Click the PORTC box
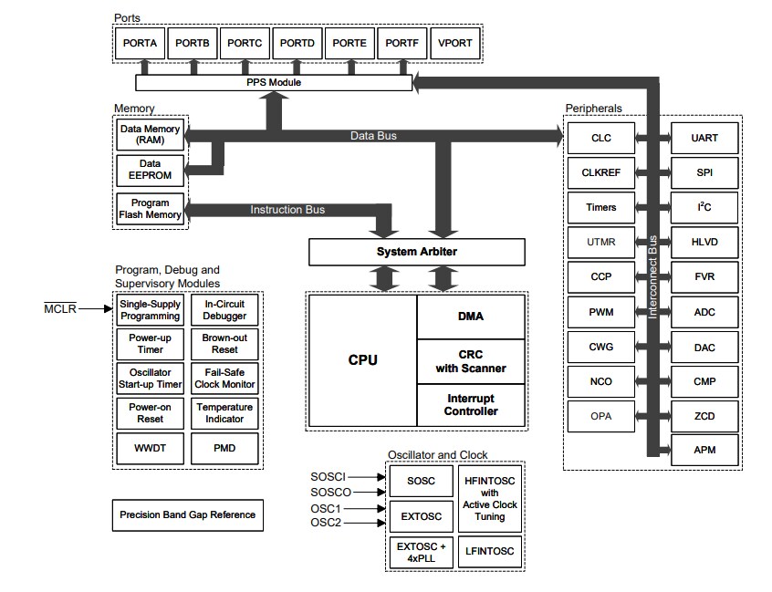click(245, 43)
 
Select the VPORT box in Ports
click(455, 43)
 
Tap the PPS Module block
click(273, 83)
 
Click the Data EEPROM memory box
click(150, 170)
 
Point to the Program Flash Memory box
click(150, 209)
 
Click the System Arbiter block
click(417, 252)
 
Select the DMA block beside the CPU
click(471, 317)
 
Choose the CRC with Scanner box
click(471, 361)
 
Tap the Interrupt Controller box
click(471, 405)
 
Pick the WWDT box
click(150, 448)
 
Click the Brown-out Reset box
click(224, 344)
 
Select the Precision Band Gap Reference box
click(187, 514)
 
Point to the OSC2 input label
click(326, 523)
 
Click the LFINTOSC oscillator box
click(489, 550)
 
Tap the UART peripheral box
click(704, 138)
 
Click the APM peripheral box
click(704, 450)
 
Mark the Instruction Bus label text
click(287, 210)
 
